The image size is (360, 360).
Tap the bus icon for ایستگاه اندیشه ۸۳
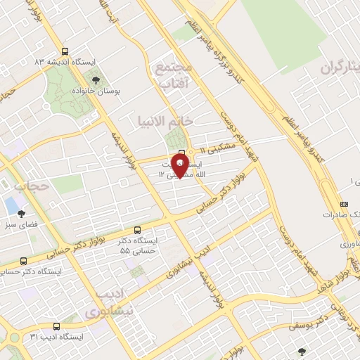pos(65,51)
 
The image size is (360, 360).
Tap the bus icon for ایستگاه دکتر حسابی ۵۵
pos(137,230)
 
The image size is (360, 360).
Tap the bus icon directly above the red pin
pos(182,152)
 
